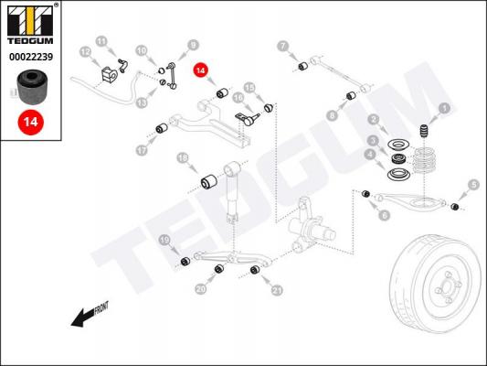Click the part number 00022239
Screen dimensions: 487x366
click(x=31, y=57)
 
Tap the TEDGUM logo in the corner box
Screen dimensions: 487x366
click(x=30, y=25)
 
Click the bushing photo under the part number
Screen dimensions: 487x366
click(x=32, y=87)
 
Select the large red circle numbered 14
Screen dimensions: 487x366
click(x=31, y=122)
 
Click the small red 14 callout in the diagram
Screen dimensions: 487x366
click(x=201, y=70)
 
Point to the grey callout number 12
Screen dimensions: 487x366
click(x=86, y=52)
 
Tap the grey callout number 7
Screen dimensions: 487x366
click(x=282, y=47)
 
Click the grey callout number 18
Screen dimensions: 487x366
click(x=183, y=158)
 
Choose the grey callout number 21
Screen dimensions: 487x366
click(x=277, y=290)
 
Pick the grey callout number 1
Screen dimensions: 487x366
click(x=444, y=108)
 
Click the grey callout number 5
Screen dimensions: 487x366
click(x=473, y=185)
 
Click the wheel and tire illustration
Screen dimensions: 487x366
click(x=436, y=284)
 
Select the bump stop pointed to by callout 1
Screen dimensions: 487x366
click(x=424, y=131)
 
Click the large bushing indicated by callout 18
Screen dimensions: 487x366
click(x=209, y=181)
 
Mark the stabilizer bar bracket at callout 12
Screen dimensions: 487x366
click(x=109, y=75)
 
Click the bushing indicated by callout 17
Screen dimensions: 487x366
click(x=162, y=128)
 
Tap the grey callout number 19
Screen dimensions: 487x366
click(x=164, y=240)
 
